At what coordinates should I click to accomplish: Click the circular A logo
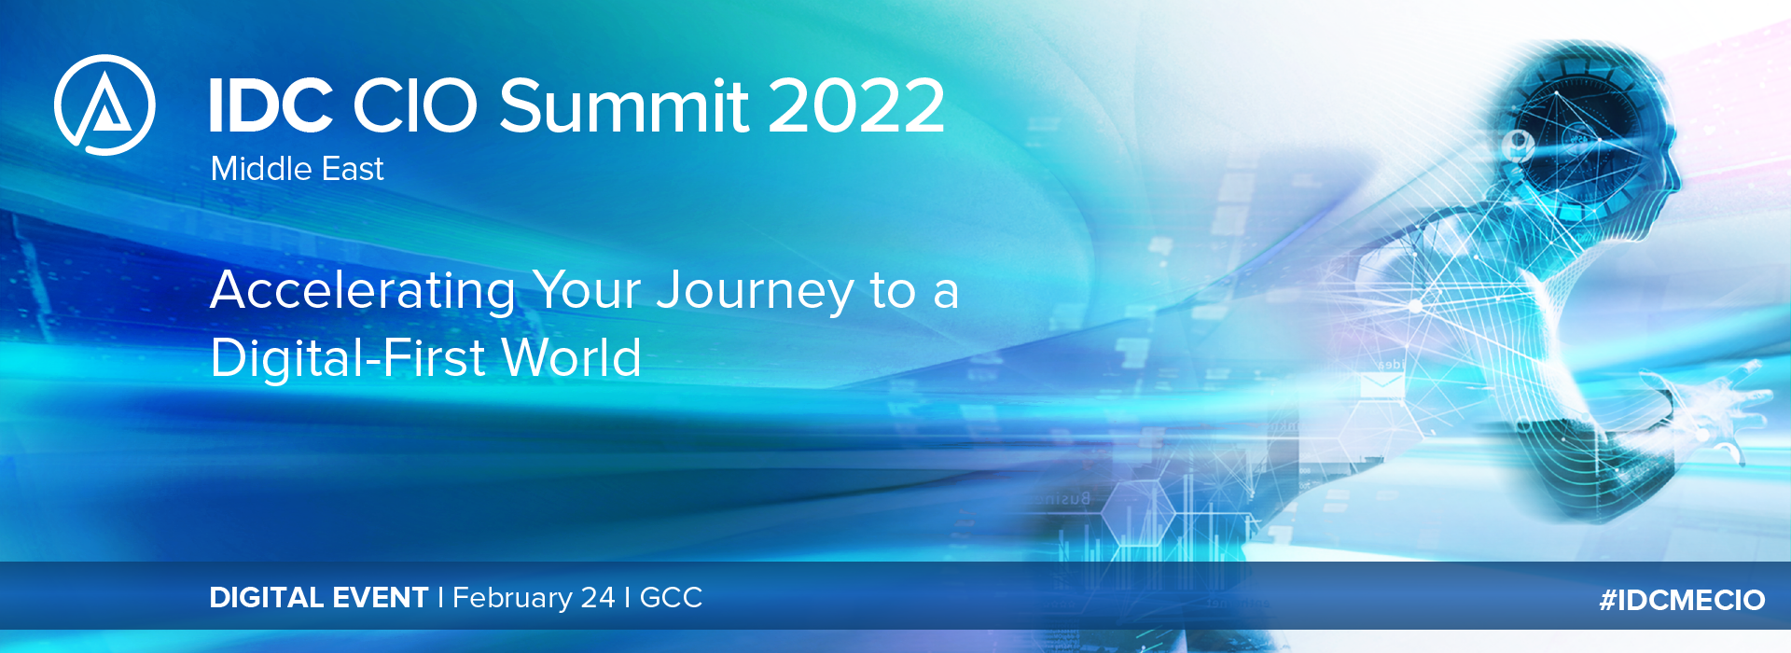104,104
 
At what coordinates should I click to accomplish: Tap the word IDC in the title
271,104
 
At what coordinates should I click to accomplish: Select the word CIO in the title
415,104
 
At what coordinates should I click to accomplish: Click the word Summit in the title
624,104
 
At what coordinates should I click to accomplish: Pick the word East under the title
353,169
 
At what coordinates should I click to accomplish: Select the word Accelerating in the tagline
363,291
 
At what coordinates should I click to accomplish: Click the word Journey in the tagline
756,292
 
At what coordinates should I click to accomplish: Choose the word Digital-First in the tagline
348,358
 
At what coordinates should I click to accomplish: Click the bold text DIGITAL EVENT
318,598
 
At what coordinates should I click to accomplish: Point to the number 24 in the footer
597,598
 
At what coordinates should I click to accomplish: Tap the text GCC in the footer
671,598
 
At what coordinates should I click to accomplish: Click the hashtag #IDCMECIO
1682,600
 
